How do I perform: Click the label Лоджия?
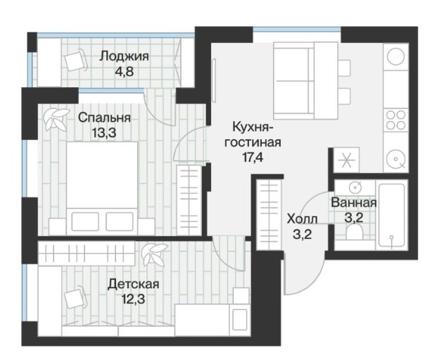[125, 56]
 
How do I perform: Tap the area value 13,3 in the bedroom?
[104, 133]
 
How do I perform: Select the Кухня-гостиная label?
[253, 136]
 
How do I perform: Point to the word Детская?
[134, 284]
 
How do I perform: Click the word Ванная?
[354, 202]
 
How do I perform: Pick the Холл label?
[303, 219]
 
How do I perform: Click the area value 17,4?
[253, 157]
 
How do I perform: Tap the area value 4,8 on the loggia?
[124, 72]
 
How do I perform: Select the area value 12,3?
[133, 299]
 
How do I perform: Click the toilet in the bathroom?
[355, 231]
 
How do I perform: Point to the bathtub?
[392, 215]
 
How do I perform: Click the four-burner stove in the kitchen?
[395, 120]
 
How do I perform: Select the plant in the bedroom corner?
[56, 119]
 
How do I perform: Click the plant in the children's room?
[153, 255]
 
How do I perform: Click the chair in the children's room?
[75, 298]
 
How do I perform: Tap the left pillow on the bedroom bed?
[85, 221]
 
